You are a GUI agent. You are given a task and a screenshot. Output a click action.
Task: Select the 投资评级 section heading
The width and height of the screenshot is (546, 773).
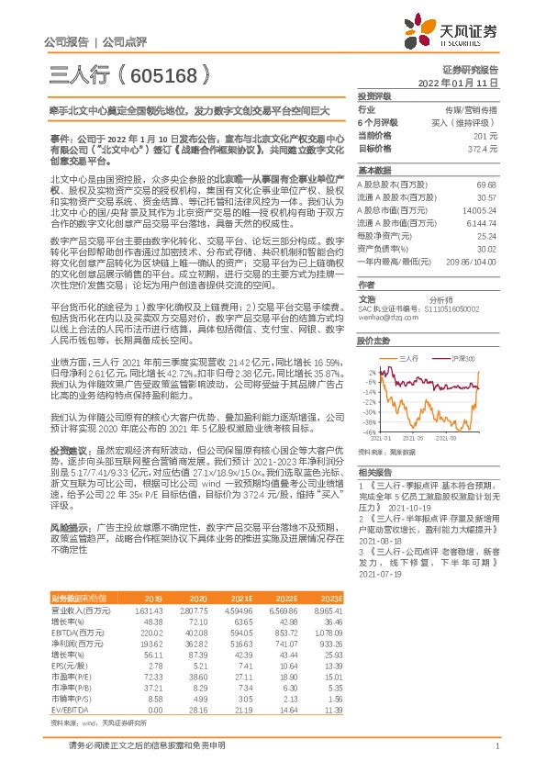pyautogui.click(x=374, y=95)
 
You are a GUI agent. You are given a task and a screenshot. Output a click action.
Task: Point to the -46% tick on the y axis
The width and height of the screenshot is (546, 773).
pyautogui.click(x=370, y=431)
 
